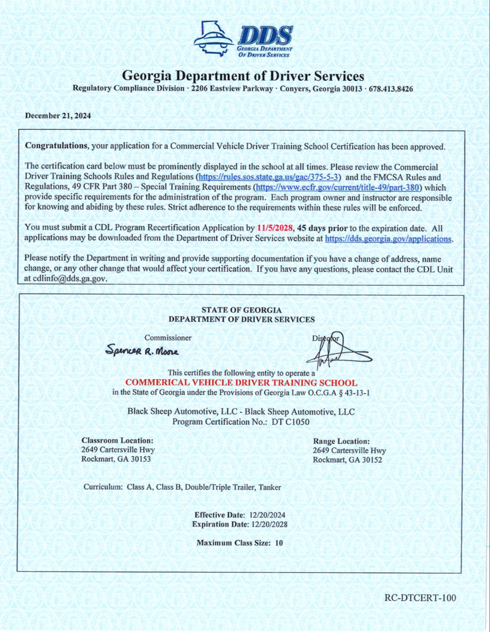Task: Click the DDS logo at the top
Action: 243,39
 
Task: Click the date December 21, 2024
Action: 58,116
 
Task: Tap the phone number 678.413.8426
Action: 394,89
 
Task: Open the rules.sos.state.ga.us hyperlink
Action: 268,177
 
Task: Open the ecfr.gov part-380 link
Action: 337,187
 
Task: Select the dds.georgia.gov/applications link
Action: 388,239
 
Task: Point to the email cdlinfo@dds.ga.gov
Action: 69,279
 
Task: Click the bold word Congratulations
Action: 56,146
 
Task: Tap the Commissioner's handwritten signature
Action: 142,351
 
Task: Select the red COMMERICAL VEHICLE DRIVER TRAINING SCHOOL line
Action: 241,383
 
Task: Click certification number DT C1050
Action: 290,422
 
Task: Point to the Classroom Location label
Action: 117,440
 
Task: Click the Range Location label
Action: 341,441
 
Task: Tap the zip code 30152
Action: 372,460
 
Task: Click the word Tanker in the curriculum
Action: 270,487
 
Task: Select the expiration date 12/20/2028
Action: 269,524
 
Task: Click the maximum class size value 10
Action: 279,543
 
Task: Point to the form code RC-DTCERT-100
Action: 420,598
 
